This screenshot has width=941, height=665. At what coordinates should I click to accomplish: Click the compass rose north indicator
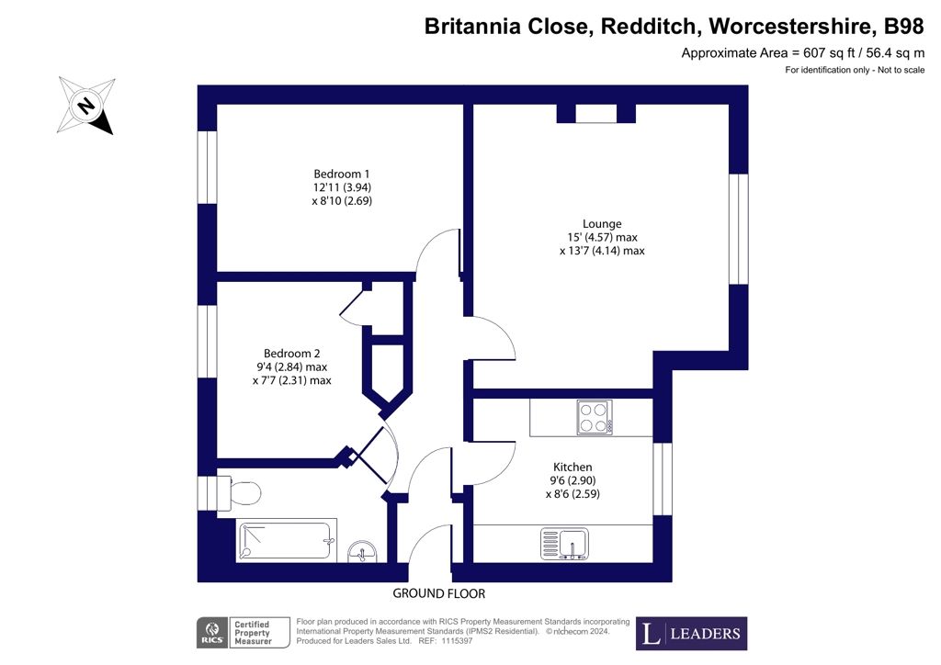(86, 106)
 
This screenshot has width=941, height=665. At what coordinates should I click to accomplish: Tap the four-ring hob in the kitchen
(595, 417)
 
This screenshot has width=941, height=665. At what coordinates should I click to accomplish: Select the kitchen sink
(564, 543)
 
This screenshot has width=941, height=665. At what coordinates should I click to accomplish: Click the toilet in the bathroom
(239, 491)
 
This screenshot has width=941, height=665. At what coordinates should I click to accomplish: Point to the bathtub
(286, 542)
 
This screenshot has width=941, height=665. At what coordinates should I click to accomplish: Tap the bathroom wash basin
(362, 551)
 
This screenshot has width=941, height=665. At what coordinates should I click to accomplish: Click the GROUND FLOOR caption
(438, 593)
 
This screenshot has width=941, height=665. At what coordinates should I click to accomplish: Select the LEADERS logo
(691, 633)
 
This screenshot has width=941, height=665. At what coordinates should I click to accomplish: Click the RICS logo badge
(212, 633)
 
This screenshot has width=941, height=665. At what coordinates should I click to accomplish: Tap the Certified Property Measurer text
(253, 633)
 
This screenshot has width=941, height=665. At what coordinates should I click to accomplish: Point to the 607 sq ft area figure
(829, 52)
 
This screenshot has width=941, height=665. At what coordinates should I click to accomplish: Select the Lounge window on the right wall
(739, 229)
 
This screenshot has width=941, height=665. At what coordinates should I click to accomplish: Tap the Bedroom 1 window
(207, 167)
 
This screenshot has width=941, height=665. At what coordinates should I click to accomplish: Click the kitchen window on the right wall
(662, 479)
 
